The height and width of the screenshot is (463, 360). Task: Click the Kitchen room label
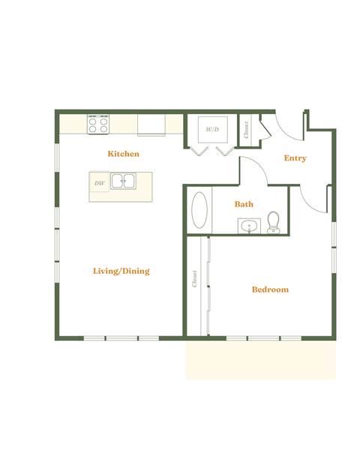pos(123,154)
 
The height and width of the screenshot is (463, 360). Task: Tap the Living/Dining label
pos(121,271)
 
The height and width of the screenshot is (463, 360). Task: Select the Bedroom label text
pos(270,290)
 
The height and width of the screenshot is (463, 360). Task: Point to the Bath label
pos(244,204)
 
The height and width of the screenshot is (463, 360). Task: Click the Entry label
pos(295,158)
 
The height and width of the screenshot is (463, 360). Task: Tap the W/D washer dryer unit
pos(212,130)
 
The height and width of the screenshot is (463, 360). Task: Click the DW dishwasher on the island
pos(100,182)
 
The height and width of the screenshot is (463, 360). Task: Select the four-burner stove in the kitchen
pos(98,124)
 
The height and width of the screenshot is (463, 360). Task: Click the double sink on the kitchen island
pos(124,181)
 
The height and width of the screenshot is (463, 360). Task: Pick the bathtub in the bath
pos(200,210)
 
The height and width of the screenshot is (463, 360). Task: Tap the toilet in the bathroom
pos(274,222)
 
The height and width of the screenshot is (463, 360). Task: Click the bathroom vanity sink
pos(249,226)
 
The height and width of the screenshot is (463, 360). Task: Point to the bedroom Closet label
pos(195,278)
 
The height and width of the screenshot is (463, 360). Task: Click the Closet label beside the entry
pos(246,130)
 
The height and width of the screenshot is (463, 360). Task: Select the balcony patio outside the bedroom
pos(260,359)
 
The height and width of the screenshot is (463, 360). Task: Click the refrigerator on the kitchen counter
pos(151,125)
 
